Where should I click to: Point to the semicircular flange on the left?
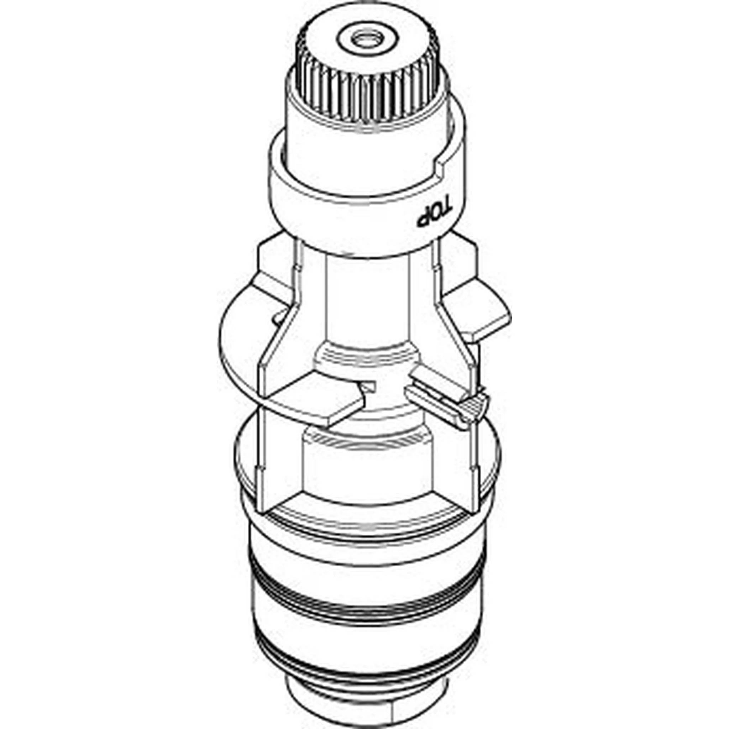coord(241,340)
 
